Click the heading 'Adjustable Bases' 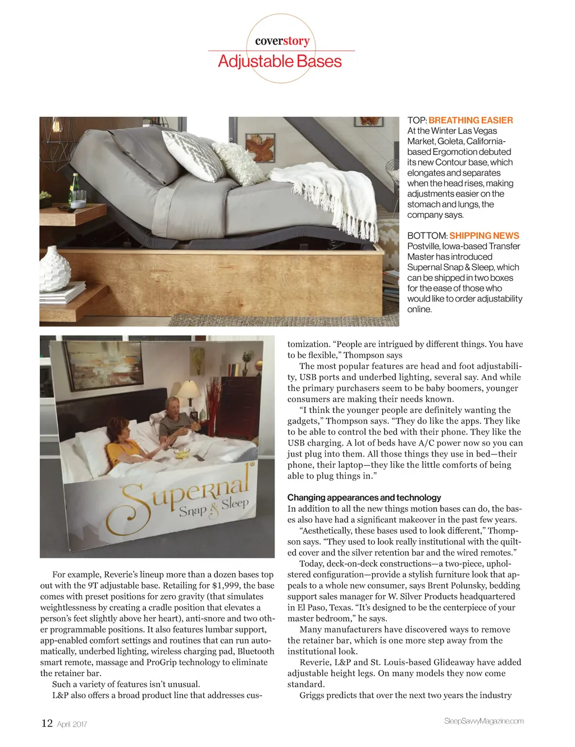[x=280, y=61]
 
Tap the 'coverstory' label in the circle [x=282, y=41]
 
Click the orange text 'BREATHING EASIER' [x=471, y=120]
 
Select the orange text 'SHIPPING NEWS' [x=484, y=236]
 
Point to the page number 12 [x=47, y=723]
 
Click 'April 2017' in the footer [x=72, y=725]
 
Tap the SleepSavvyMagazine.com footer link [x=483, y=721]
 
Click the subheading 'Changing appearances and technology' [x=364, y=498]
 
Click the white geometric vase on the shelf [x=54, y=269]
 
